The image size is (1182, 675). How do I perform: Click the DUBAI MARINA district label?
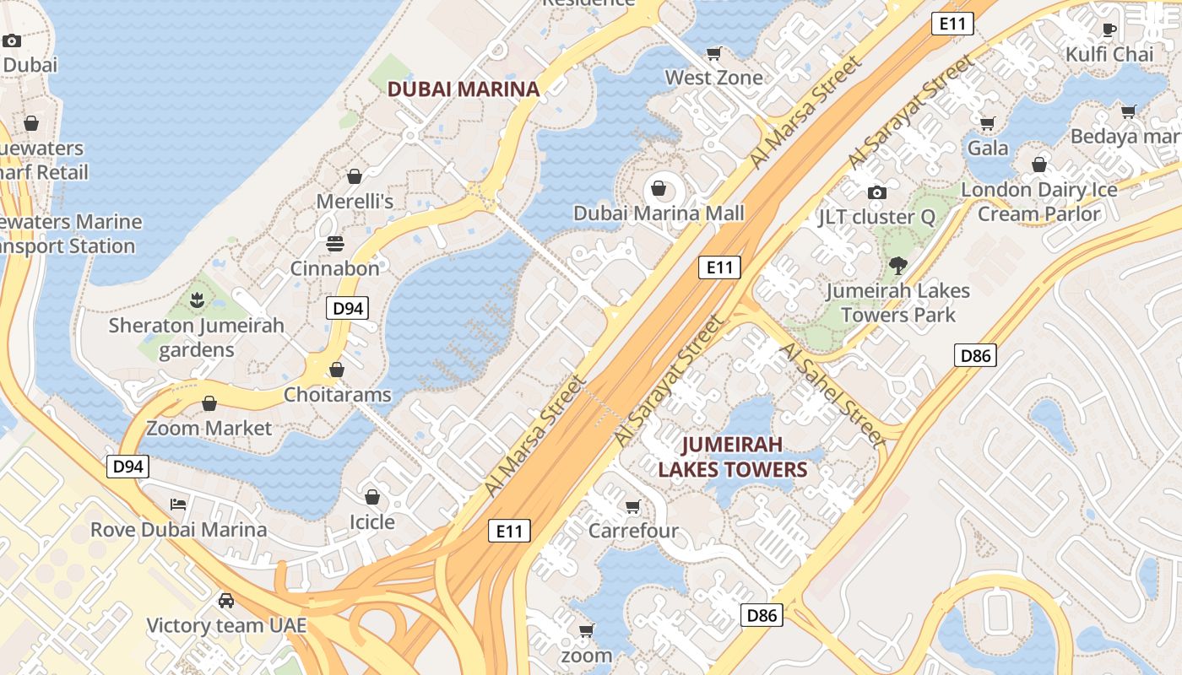tap(463, 89)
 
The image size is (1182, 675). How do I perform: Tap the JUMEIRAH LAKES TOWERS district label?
tap(732, 456)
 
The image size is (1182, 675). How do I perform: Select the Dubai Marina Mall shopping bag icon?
tap(659, 188)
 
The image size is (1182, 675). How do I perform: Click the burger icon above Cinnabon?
tap(335, 245)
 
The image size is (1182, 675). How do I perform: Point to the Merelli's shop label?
tap(355, 202)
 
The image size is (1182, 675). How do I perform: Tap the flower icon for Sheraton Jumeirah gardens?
tap(197, 300)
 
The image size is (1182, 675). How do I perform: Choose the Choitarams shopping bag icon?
tap(336, 370)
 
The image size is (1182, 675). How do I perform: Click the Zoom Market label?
tap(209, 428)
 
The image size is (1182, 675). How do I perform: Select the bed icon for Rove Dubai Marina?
tap(178, 505)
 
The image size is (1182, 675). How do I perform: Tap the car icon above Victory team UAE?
tap(225, 601)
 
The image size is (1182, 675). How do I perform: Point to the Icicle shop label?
tap(371, 522)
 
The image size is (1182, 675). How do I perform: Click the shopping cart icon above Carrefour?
tap(632, 506)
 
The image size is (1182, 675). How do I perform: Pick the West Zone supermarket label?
tap(713, 78)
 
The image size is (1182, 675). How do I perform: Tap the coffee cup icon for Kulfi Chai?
tap(1109, 30)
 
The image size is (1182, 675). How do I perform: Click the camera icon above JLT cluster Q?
tap(876, 192)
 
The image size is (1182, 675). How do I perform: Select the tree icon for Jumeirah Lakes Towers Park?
tap(897, 266)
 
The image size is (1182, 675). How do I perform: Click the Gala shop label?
tap(987, 148)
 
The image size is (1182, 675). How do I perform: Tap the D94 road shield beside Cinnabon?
tap(348, 308)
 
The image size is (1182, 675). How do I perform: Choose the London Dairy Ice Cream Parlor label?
tap(1038, 202)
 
